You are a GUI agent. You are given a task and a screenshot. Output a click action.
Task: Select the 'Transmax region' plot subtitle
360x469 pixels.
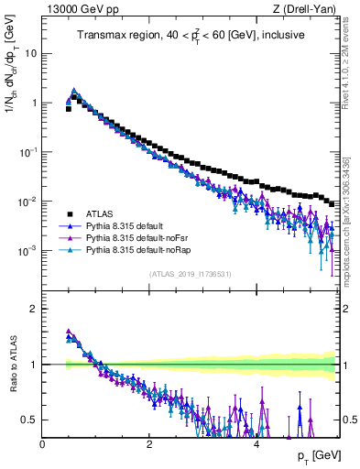tap(191, 36)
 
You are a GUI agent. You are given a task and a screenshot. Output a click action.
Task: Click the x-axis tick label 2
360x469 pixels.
tap(149, 443)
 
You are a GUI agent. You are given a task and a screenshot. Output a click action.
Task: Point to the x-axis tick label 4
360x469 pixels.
tap(256, 443)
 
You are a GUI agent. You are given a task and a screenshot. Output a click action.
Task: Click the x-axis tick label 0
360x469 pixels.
tap(43, 443)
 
